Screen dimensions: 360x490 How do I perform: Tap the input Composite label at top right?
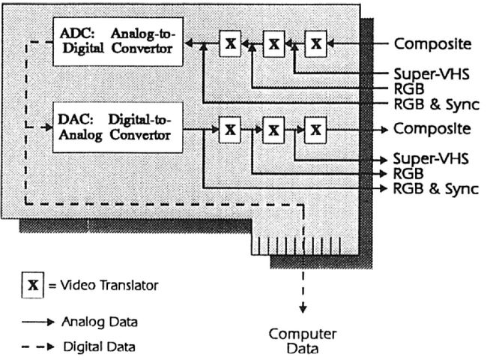coord(432,43)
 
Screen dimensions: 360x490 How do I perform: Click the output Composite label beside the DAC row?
coord(432,129)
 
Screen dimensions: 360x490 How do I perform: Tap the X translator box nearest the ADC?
coord(231,44)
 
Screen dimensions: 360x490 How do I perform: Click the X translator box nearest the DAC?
coord(231,130)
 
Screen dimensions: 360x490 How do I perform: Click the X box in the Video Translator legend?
coord(32,286)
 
